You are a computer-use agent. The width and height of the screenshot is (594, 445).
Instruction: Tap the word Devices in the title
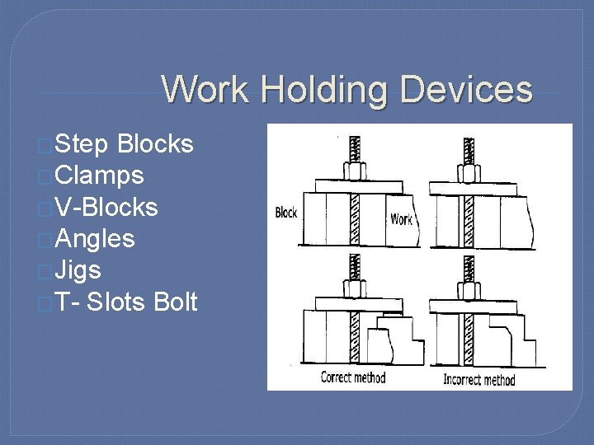click(467, 90)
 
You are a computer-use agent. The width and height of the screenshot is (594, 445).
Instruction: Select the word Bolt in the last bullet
click(175, 302)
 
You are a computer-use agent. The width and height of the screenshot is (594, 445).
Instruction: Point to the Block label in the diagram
click(285, 213)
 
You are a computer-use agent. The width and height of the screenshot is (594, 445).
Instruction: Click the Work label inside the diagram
click(401, 219)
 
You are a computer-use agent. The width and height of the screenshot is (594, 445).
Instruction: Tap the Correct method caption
click(353, 377)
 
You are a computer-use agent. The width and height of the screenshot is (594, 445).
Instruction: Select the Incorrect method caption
click(479, 379)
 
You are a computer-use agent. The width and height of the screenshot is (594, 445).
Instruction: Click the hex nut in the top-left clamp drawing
click(356, 171)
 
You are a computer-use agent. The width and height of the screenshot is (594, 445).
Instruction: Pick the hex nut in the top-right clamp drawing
click(469, 173)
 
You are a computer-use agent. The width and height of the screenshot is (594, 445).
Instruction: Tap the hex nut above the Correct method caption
click(356, 288)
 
